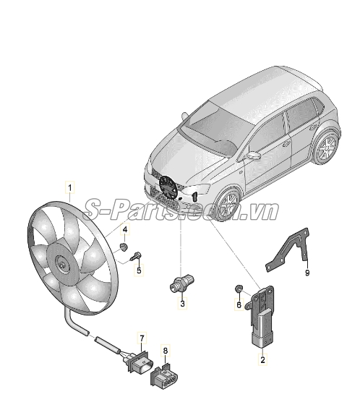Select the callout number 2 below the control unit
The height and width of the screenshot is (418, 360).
tap(262, 358)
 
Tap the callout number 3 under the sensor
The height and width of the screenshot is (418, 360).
tap(183, 304)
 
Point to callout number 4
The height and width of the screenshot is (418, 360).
tap(124, 231)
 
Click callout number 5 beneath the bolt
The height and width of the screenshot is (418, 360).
tap(140, 270)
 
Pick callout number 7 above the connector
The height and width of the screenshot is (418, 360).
tap(142, 338)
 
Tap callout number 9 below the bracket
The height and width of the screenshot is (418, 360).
tap(307, 273)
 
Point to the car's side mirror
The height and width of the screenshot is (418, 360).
tap(253, 155)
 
